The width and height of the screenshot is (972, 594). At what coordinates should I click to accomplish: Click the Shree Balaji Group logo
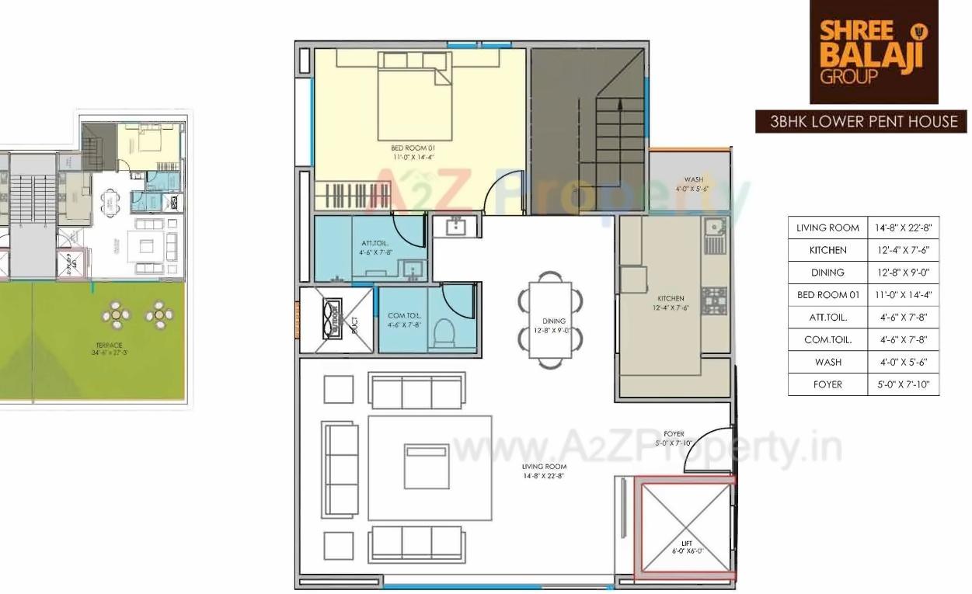[873, 51]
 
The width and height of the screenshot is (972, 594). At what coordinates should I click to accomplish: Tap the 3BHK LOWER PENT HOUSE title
[861, 122]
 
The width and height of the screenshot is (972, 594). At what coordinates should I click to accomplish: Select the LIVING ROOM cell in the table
[827, 228]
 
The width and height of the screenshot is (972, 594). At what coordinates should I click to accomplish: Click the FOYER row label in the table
[827, 384]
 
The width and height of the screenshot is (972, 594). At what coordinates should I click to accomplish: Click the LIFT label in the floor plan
[686, 543]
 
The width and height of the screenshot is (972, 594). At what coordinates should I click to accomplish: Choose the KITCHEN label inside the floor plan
[671, 298]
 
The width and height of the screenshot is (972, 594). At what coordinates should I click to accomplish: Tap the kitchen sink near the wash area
[712, 227]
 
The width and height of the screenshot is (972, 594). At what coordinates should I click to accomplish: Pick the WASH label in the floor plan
[694, 179]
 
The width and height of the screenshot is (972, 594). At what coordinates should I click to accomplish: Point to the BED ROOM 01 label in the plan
[413, 148]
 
